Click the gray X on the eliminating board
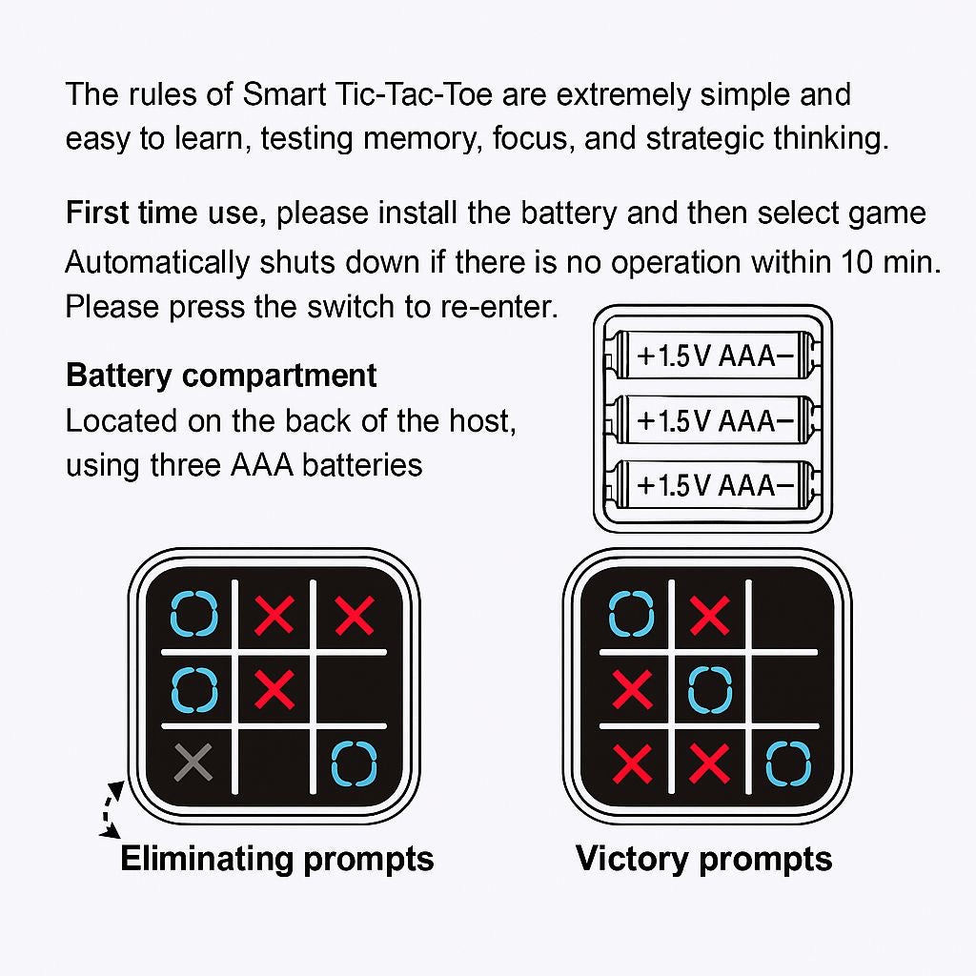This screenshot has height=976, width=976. (193, 762)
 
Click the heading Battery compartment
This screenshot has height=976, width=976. (221, 376)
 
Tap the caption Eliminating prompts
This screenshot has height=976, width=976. (277, 859)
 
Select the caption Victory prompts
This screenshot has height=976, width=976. (703, 859)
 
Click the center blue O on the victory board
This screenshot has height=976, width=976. (710, 690)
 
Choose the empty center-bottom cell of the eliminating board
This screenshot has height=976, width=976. (274, 762)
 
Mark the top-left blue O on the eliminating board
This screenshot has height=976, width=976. (194, 614)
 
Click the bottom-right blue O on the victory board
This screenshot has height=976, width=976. (788, 763)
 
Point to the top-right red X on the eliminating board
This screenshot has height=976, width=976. (355, 615)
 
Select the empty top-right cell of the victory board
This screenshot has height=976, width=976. (788, 615)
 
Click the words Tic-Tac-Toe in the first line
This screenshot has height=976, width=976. (414, 94)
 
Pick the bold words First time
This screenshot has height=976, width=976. (132, 213)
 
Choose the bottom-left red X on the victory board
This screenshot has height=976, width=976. (633, 763)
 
